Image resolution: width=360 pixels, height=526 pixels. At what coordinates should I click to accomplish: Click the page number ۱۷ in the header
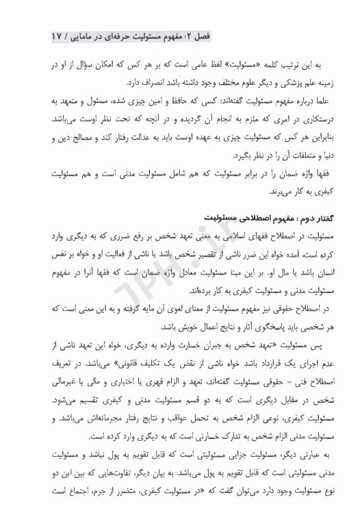click(60, 34)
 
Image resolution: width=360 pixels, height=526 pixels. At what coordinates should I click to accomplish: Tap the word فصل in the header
click(296, 34)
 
